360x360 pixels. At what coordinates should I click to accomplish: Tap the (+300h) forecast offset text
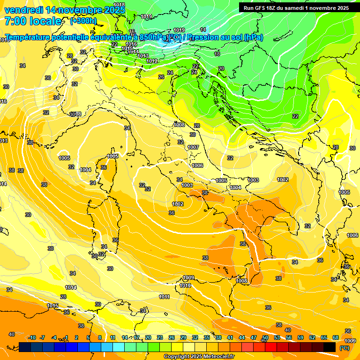point(83,21)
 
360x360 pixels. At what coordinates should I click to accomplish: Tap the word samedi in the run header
point(292,8)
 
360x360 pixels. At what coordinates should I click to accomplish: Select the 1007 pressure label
point(193,147)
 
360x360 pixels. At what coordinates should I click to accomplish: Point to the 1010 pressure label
point(185,285)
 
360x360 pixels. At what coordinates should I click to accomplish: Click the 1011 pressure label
point(164,297)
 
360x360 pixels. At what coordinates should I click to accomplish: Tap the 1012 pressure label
point(152,61)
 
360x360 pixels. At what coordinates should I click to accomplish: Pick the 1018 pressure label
point(120,5)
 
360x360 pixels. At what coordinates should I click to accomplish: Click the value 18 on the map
point(217,54)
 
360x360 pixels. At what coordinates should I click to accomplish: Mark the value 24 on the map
point(170,73)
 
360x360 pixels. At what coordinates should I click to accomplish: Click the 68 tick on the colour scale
point(336,337)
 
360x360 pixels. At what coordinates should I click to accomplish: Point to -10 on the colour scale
point(32,337)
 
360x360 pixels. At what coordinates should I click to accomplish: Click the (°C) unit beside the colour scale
point(344,347)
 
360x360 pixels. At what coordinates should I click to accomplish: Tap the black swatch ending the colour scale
point(330,347)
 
